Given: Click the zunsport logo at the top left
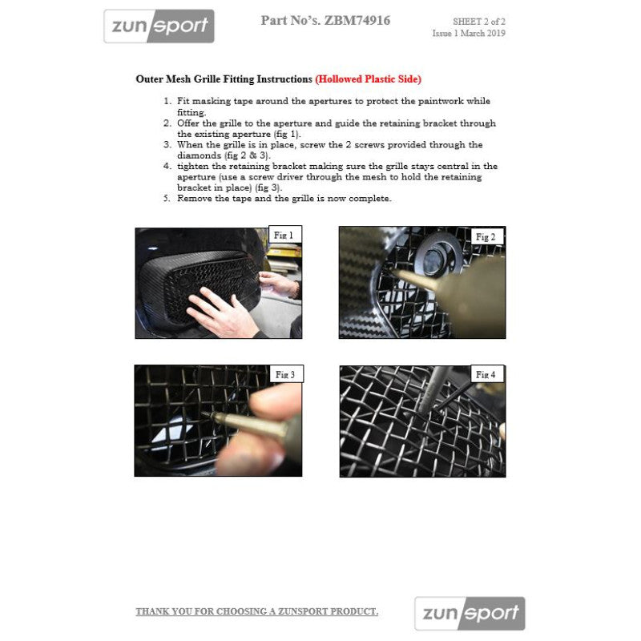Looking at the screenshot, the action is pyautogui.click(x=159, y=26).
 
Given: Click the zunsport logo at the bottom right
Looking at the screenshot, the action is pyautogui.click(x=470, y=613).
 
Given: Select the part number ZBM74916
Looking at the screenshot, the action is pyautogui.click(x=357, y=21).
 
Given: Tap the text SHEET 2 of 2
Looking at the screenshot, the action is pyautogui.click(x=478, y=22).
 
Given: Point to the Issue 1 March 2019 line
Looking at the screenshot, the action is pyautogui.click(x=469, y=33).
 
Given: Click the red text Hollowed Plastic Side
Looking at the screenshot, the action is pyautogui.click(x=369, y=79).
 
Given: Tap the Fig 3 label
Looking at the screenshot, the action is pyautogui.click(x=286, y=374).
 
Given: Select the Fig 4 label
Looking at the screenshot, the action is pyautogui.click(x=486, y=374).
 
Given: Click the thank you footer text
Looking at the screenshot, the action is pyautogui.click(x=256, y=611).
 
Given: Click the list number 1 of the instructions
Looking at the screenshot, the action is pyautogui.click(x=167, y=101).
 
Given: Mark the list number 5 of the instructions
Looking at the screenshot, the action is pyautogui.click(x=167, y=198).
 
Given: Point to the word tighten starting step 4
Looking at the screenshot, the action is pyautogui.click(x=193, y=167).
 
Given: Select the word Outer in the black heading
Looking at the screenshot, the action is pyautogui.click(x=149, y=79).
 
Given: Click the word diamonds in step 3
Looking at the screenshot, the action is pyautogui.click(x=199, y=155).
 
